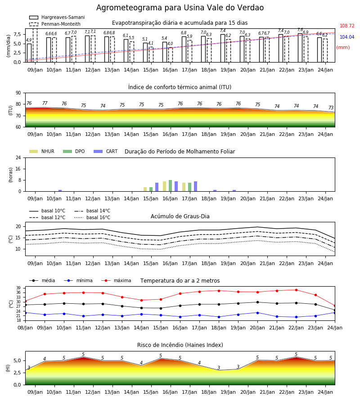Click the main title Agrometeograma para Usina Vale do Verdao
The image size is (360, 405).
pyautogui.click(x=180, y=8)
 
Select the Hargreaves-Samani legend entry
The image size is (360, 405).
pyautogui.click(x=57, y=17)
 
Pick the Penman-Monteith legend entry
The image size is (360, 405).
pyautogui.click(x=55, y=24)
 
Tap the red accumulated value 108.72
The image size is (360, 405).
pyautogui.click(x=347, y=26)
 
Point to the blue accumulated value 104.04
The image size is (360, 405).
pyautogui.click(x=347, y=37)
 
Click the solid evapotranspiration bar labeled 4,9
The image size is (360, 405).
pyautogui.click(x=29, y=53)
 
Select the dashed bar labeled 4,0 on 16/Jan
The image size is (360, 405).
pyautogui.click(x=171, y=55)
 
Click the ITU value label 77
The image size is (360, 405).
pyautogui.click(x=45, y=103)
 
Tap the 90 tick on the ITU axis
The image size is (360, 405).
pyautogui.click(x=18, y=93)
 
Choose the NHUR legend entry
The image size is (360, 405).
pyautogui.click(x=42, y=151)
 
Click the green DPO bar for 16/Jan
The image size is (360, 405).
pyautogui.click(x=170, y=186)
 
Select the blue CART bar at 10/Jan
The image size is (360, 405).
pyautogui.click(x=60, y=191)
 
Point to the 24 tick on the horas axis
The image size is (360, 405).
pyautogui.click(x=18, y=157)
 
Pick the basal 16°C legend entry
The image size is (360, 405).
pyautogui.click(x=92, y=217)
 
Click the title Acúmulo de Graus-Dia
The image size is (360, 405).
pyautogui.click(x=180, y=216)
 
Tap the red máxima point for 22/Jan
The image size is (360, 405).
pyautogui.click(x=296, y=290)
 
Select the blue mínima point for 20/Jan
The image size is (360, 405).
pyautogui.click(x=257, y=313)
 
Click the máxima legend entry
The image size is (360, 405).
pyautogui.click(x=116, y=280)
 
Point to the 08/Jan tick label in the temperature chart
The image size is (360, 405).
pyautogui.click(x=25, y=328)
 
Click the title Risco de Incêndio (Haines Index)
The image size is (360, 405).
pyautogui.click(x=180, y=345)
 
